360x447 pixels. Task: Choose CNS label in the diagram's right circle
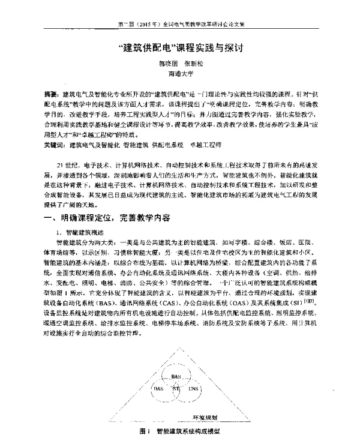[x=193, y=389]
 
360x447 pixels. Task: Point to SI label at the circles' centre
[x=176, y=389]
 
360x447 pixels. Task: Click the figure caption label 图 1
[x=143, y=431]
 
